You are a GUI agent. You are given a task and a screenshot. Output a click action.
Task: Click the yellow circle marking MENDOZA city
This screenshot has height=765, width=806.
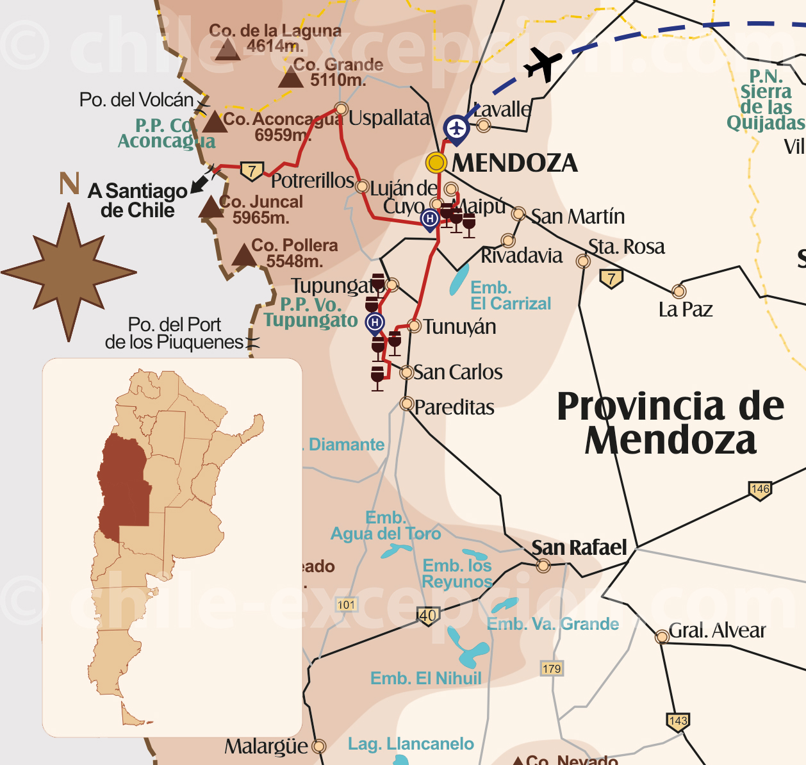[436, 163]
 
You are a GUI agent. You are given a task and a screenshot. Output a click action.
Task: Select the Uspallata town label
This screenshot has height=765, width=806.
[390, 119]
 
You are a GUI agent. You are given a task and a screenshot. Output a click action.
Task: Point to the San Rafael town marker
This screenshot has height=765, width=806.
[543, 566]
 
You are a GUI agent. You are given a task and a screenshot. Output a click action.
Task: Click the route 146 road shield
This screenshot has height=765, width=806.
[760, 490]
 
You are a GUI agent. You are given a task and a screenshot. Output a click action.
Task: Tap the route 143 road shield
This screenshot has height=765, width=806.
[678, 721]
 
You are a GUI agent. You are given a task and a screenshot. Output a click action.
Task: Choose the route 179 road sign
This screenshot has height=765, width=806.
[552, 669]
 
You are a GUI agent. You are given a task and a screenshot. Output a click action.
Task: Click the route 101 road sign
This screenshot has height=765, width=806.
[346, 605]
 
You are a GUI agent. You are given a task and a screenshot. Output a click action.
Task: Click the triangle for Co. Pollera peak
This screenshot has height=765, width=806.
[243, 255]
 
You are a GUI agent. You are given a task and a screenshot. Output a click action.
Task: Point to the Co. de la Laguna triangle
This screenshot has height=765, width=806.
[227, 50]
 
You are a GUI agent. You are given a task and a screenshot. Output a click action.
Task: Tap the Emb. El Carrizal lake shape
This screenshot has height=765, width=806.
[459, 281]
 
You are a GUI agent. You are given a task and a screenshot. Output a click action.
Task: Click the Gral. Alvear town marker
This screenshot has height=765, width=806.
[662, 637]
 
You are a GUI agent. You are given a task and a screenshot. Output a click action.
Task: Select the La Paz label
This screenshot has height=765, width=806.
[686, 310]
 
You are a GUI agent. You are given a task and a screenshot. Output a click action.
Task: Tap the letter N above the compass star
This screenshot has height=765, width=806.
[69, 184]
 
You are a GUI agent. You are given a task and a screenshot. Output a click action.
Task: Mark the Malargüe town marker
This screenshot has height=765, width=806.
[318, 746]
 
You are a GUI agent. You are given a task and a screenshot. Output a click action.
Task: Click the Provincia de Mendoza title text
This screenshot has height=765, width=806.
[670, 424]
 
